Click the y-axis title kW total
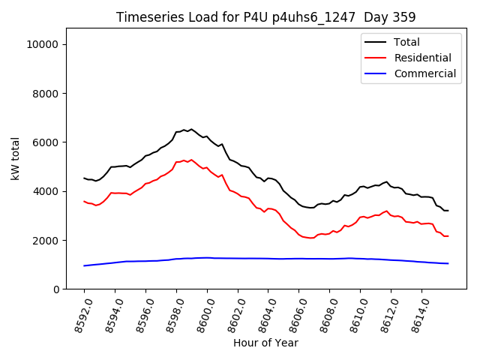pos(16,159)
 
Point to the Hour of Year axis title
pos(265,343)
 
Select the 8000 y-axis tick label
pos(46,93)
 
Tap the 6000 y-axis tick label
pos(46,142)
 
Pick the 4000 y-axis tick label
pos(46,191)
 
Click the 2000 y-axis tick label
pos(46,240)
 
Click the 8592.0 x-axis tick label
pos(76,315)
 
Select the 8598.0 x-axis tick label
pos(169,315)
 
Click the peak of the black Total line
pos(190,129)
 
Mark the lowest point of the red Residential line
pos(310,238)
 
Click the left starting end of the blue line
pos(84,265)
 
